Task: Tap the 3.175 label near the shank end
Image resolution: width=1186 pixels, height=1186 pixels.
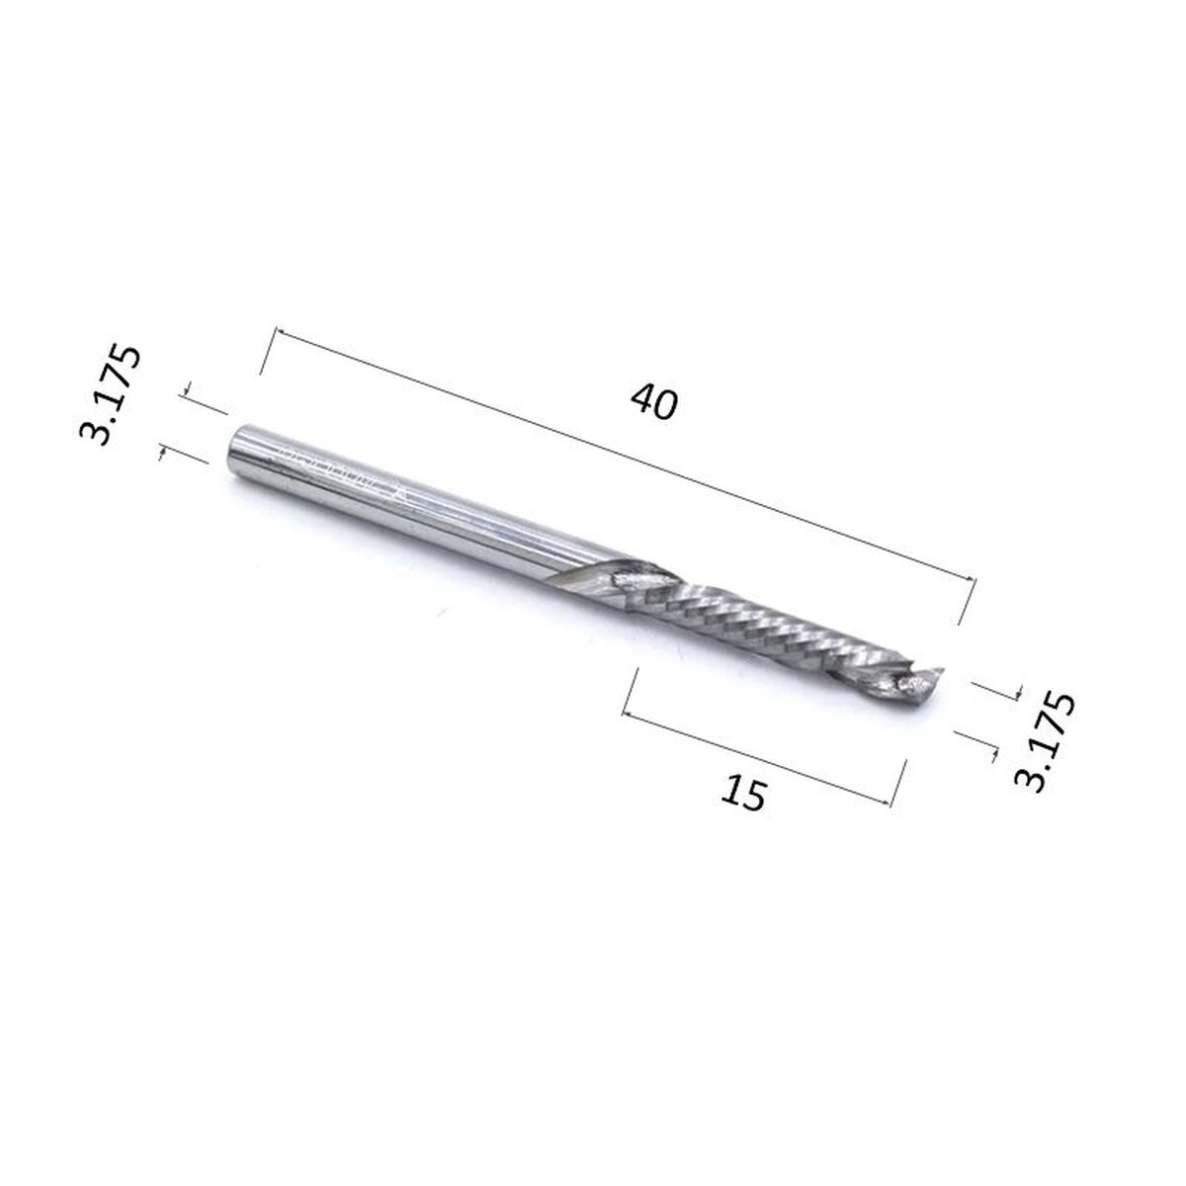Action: (x=110, y=396)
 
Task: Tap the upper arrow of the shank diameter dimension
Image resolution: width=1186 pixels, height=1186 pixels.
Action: (x=188, y=391)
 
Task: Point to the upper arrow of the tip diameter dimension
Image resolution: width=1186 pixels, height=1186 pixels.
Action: (x=1013, y=693)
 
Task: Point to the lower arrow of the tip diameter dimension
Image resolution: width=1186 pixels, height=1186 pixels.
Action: (x=991, y=753)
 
